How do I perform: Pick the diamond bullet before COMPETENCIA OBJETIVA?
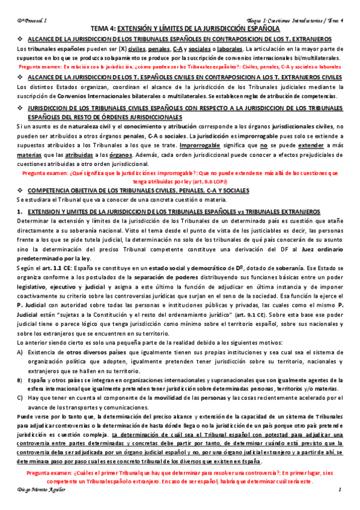19,189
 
